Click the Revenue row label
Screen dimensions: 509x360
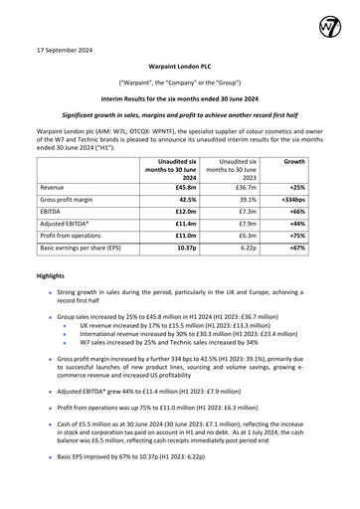coord(57,186)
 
